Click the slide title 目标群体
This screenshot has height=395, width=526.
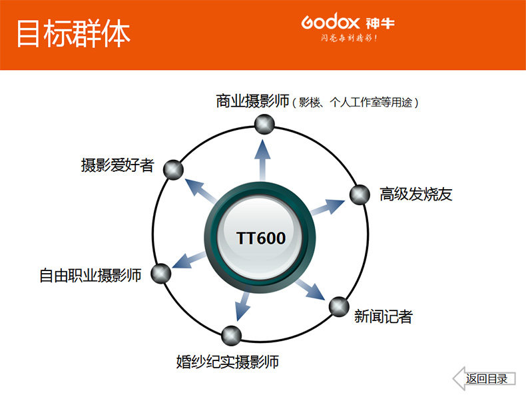[x=73, y=33]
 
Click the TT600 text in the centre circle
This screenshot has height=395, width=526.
[x=261, y=238]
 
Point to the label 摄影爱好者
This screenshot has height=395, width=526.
[x=117, y=165]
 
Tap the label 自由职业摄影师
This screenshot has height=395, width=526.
[x=91, y=274]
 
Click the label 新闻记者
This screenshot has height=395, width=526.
[x=384, y=316]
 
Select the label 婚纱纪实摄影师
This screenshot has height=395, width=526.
[x=227, y=362]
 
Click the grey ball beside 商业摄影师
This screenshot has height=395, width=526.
[x=264, y=123]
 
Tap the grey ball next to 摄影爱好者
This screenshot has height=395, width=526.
[x=173, y=169]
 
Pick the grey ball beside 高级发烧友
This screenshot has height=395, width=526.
[x=360, y=195]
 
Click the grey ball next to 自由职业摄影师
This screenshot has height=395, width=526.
[x=161, y=273]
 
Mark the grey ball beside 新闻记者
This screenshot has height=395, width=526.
[x=338, y=306]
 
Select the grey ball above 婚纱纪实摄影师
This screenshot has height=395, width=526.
[x=230, y=334]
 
